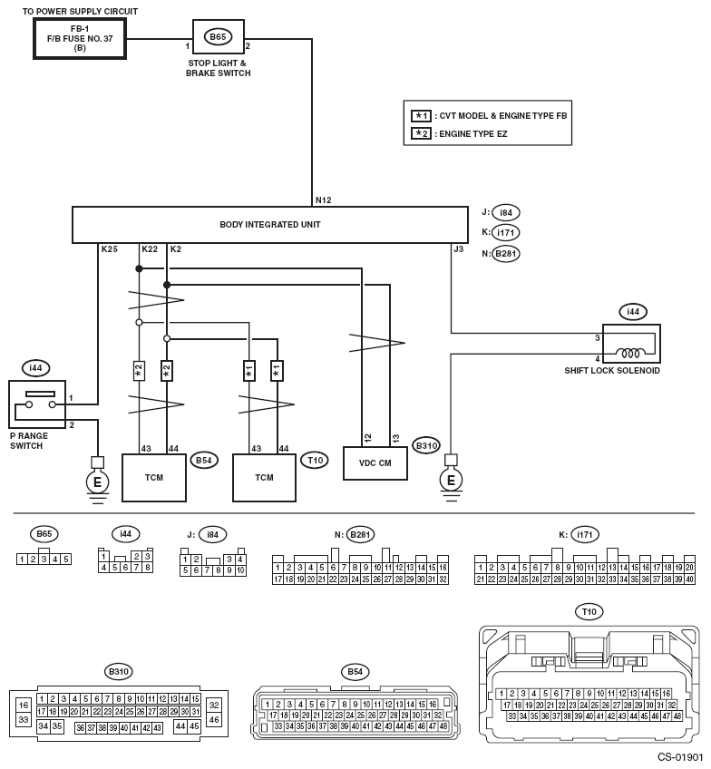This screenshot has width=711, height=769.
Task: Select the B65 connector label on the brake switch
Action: tap(218, 37)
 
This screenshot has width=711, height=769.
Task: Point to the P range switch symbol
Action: tap(39, 403)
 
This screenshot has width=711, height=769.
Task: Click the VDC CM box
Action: tap(375, 462)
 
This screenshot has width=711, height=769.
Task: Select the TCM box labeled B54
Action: tap(153, 477)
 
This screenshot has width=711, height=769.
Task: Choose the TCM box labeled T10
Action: tap(264, 477)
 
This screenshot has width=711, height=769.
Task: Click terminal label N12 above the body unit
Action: tap(323, 200)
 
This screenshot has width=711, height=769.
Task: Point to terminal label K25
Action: tap(109, 248)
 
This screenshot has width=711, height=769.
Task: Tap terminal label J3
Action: tap(459, 248)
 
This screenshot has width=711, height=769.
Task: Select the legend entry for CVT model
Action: tap(490, 116)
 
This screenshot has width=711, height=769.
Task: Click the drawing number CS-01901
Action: tap(680, 756)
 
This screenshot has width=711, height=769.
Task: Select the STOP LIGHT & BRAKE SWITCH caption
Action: tap(219, 67)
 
